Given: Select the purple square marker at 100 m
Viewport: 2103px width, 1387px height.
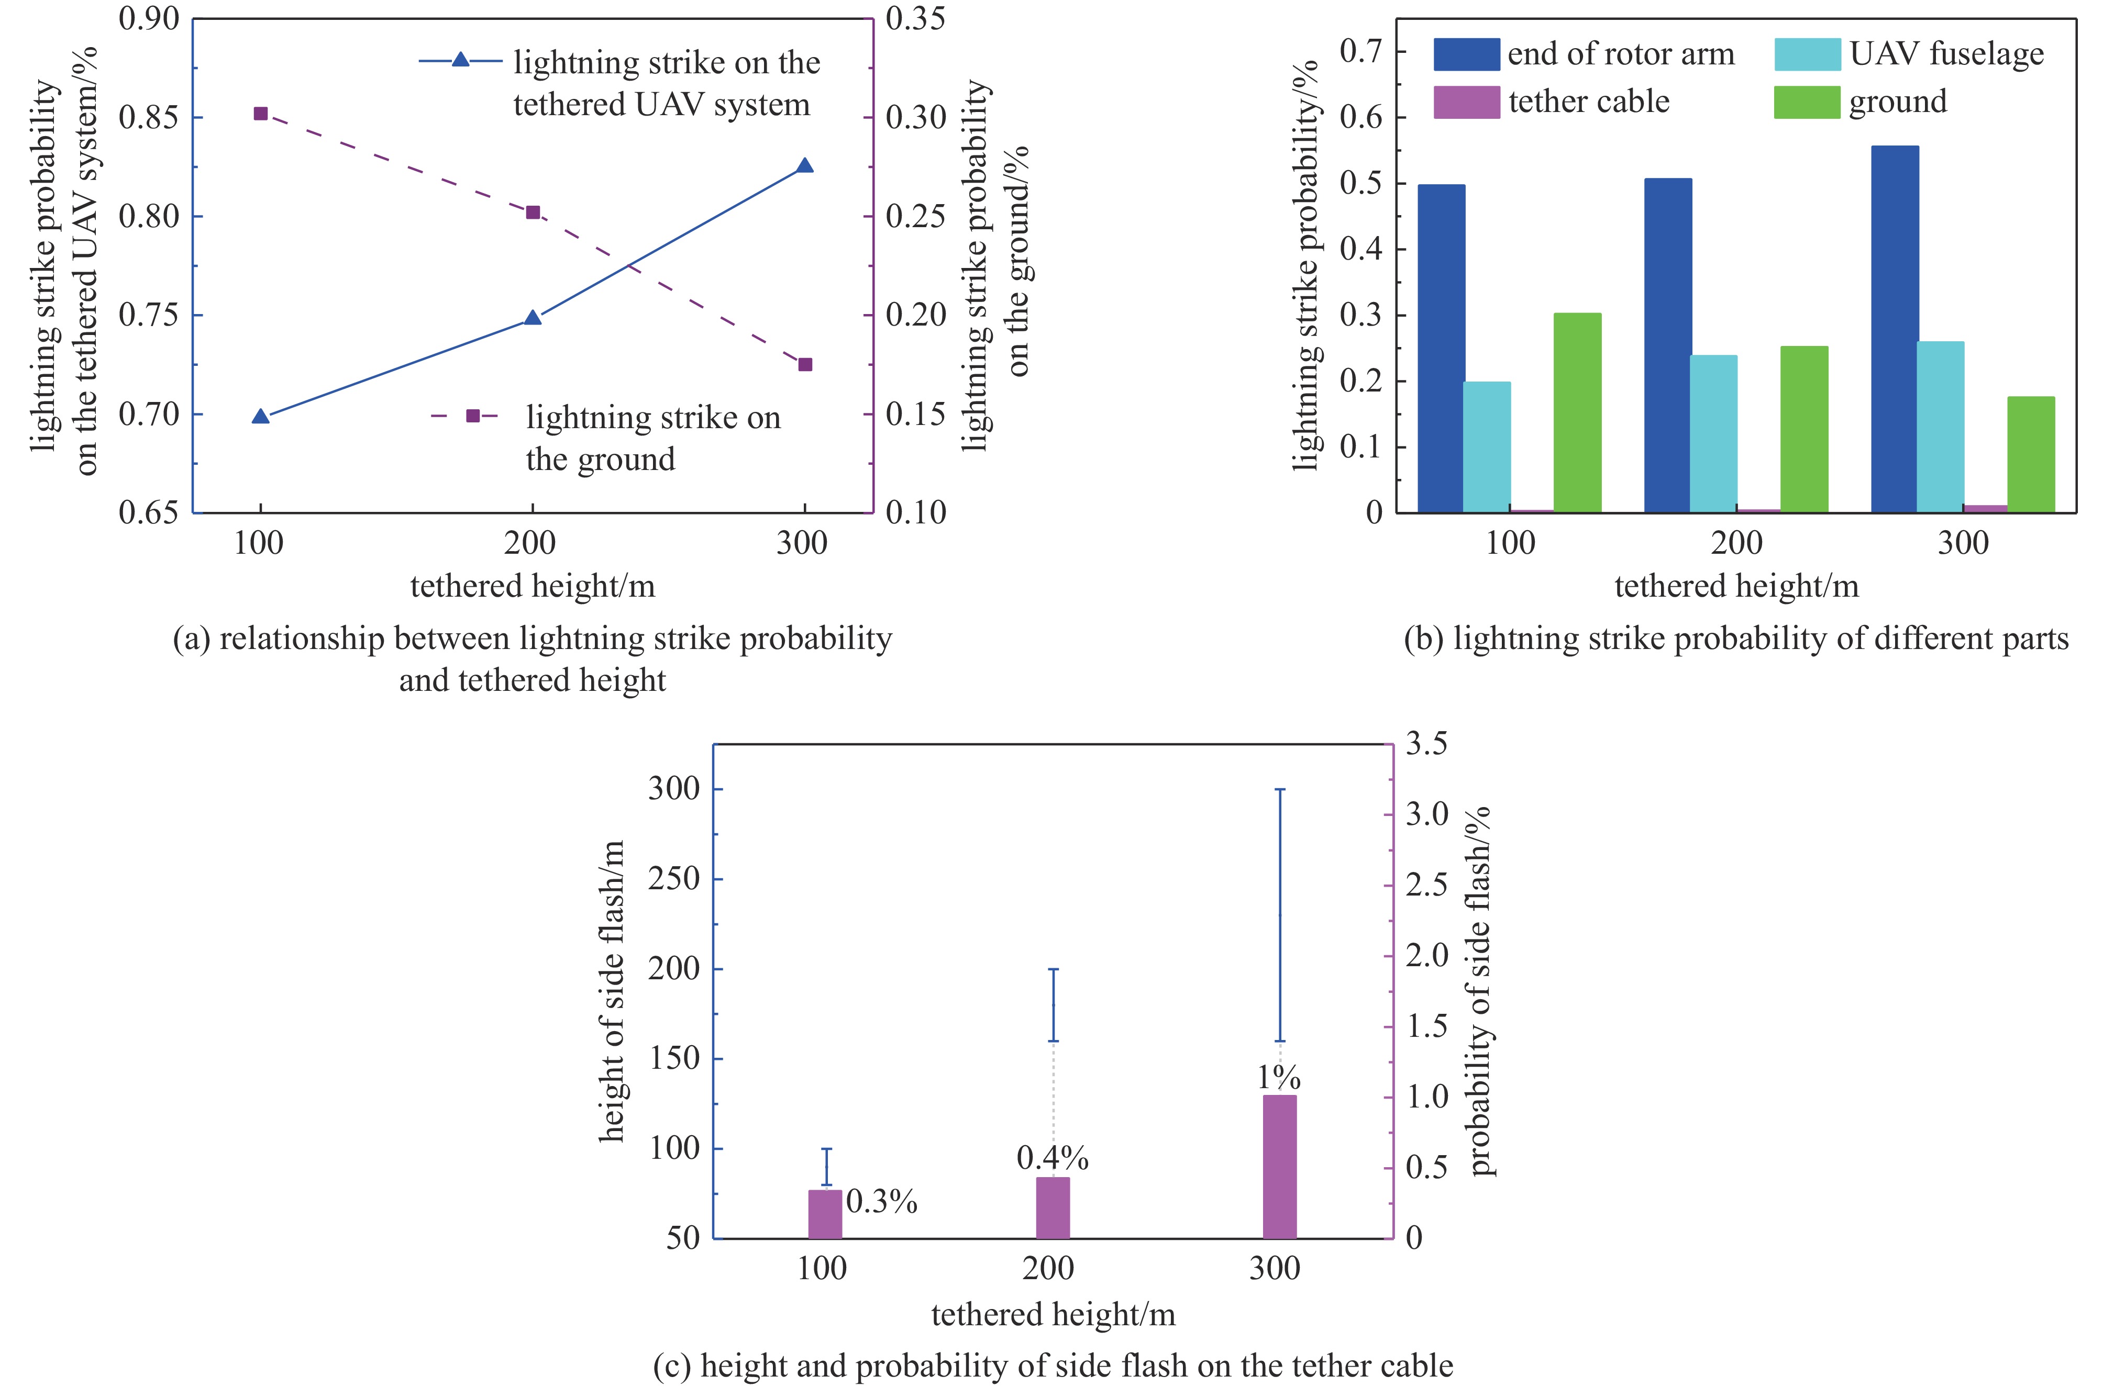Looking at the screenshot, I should pyautogui.click(x=261, y=113).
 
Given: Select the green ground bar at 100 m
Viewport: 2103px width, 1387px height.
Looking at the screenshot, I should pyautogui.click(x=1577, y=412).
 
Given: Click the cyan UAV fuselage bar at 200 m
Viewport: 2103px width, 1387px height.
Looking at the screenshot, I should pyautogui.click(x=1714, y=433).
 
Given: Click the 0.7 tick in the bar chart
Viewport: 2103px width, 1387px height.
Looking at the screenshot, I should pyautogui.click(x=1360, y=51).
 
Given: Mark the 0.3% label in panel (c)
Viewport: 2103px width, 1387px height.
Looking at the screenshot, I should pyautogui.click(x=881, y=1201).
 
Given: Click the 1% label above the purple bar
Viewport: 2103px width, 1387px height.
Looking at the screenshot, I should pyautogui.click(x=1279, y=1077).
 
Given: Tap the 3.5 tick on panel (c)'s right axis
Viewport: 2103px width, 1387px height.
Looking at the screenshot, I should pyautogui.click(x=1426, y=744).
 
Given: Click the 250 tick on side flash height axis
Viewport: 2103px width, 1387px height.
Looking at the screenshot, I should pyautogui.click(x=674, y=879).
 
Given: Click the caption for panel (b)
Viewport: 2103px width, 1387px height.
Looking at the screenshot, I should pyautogui.click(x=1736, y=639).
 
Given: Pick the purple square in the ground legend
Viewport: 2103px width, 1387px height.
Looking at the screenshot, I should pyautogui.click(x=473, y=416).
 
